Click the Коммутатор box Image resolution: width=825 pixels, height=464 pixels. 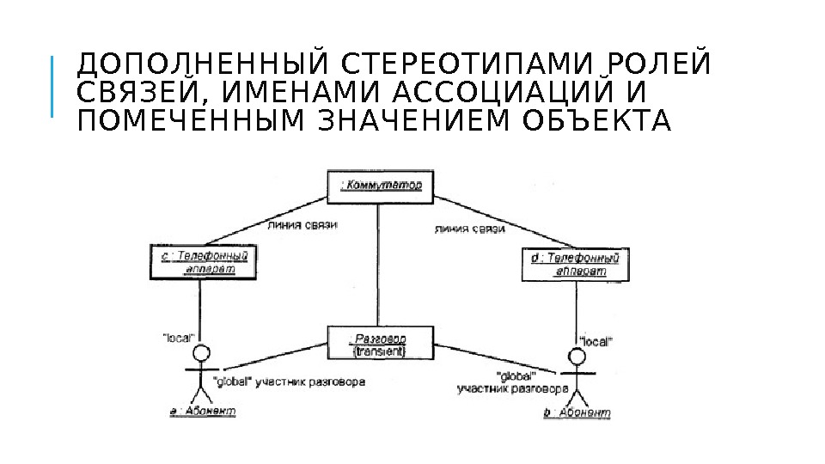pyautogui.click(x=379, y=186)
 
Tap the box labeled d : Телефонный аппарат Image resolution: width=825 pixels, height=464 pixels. pyautogui.click(x=575, y=264)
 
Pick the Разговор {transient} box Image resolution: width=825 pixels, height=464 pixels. pyautogui.click(x=379, y=344)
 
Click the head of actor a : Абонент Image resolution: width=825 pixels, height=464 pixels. pyautogui.click(x=201, y=353)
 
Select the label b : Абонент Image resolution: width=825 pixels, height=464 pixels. pyautogui.click(x=577, y=413)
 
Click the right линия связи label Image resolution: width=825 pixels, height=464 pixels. pyautogui.click(x=469, y=229)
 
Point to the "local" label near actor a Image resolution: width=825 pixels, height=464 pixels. pyautogui.click(x=179, y=338)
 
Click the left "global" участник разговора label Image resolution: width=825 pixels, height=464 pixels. pyautogui.click(x=287, y=382)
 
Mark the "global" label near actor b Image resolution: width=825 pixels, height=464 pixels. pyautogui.click(x=516, y=375)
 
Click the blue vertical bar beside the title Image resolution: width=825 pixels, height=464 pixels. pyautogui.click(x=52, y=87)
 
